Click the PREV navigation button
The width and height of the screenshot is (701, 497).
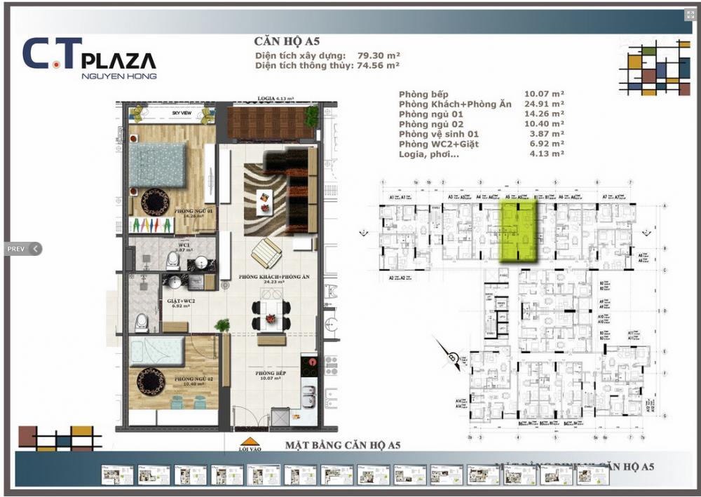coord(22,248)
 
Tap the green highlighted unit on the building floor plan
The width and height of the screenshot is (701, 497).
coord(518,231)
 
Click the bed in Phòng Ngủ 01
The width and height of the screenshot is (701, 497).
coord(157,165)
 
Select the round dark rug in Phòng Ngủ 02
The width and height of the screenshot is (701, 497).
coord(151,381)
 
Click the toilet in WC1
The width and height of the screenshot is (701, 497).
coord(172,261)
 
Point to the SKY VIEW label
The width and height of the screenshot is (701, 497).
coord(182,113)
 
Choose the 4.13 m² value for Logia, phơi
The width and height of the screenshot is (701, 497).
coord(544,153)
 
